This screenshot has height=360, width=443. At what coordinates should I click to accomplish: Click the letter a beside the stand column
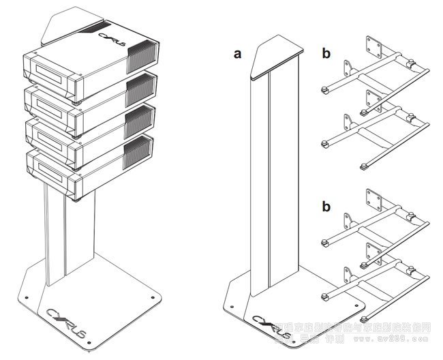tap(237, 55)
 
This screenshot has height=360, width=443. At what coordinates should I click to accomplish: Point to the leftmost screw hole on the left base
tap(25, 298)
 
